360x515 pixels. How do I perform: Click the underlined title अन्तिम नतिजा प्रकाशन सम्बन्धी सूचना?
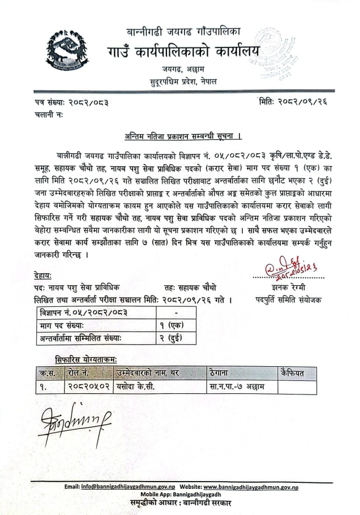(183, 136)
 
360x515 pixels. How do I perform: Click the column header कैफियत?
(297, 374)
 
